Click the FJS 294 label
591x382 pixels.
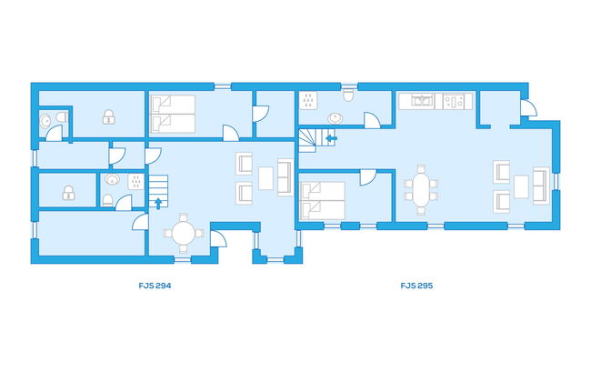point(155,286)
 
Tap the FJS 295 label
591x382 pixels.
point(416,286)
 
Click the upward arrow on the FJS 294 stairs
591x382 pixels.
point(159,203)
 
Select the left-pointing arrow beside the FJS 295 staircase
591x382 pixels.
point(331,139)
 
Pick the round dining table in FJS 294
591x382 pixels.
point(183,233)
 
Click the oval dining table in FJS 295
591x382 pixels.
point(421,190)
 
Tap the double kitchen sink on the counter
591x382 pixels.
point(422,101)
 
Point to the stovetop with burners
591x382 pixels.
point(454,101)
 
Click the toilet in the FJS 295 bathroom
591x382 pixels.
point(348,95)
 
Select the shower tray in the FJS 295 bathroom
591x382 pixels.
point(308,101)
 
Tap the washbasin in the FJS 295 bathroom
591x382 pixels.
point(336,118)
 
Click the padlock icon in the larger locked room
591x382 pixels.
point(108,117)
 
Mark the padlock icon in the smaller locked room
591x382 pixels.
point(68,193)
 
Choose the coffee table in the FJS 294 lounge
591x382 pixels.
point(265,178)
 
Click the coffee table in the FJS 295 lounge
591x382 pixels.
point(521,186)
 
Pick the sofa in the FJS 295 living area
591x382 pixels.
point(541,186)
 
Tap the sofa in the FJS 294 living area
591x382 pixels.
point(285,177)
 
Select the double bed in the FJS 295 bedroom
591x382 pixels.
point(322,201)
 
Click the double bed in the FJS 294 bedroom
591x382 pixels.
point(173,114)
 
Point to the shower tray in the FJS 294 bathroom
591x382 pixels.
point(136,182)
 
